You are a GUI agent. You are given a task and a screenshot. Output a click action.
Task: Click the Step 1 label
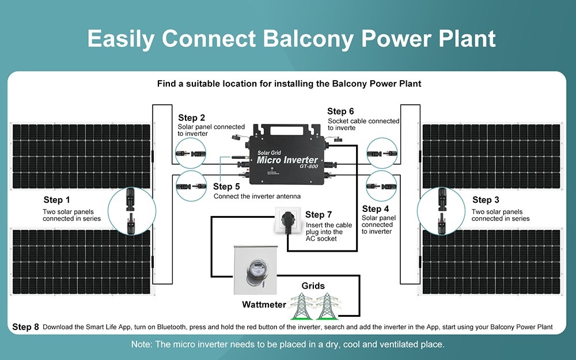point(57,200)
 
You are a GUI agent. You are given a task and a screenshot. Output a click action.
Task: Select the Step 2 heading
point(192,118)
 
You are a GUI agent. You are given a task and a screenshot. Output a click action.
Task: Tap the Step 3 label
point(486,200)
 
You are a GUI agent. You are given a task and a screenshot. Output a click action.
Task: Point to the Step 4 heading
point(376,209)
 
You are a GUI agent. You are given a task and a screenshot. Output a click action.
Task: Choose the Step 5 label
point(226,187)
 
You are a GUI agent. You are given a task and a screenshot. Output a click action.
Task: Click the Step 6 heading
point(340,111)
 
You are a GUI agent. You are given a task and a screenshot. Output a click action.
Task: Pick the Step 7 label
point(319,215)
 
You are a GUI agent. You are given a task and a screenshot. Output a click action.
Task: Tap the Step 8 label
point(25,327)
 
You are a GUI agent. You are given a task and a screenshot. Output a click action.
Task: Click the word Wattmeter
point(264,304)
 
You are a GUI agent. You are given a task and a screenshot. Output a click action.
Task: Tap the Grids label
point(313,286)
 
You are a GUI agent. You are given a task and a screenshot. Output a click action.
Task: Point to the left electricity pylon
point(301,306)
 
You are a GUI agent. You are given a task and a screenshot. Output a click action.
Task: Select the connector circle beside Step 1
point(132,210)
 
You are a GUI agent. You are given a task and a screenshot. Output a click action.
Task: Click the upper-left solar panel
point(81,156)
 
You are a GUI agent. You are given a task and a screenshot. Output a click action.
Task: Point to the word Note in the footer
point(141,344)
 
